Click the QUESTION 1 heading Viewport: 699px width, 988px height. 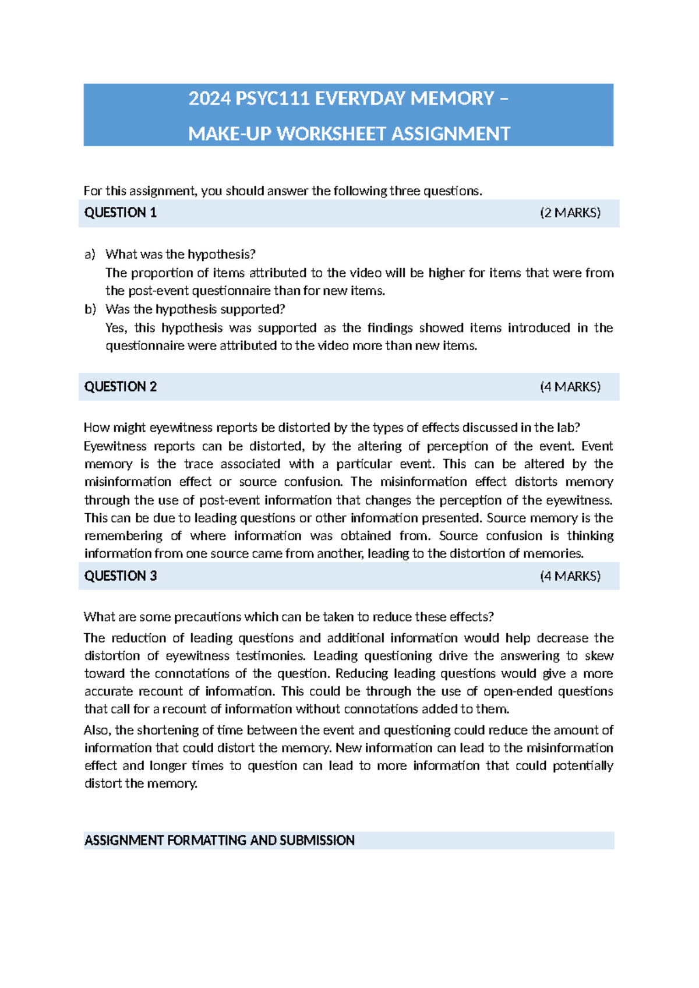click(x=121, y=213)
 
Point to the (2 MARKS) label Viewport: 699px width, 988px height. click(x=570, y=213)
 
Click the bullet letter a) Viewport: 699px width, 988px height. click(x=90, y=255)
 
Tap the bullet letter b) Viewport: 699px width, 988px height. click(x=90, y=309)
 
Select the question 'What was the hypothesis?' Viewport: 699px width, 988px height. click(x=181, y=255)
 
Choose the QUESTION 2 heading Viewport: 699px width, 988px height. click(x=121, y=387)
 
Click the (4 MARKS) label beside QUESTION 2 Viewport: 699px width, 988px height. click(x=570, y=387)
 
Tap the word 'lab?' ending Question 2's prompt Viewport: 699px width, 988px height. click(x=569, y=428)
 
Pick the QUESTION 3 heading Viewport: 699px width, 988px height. click(x=121, y=576)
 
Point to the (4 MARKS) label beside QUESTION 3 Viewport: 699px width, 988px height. click(x=570, y=576)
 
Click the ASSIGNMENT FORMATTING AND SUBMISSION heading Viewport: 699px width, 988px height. click(x=220, y=841)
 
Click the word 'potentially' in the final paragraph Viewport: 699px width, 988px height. click(x=582, y=766)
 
